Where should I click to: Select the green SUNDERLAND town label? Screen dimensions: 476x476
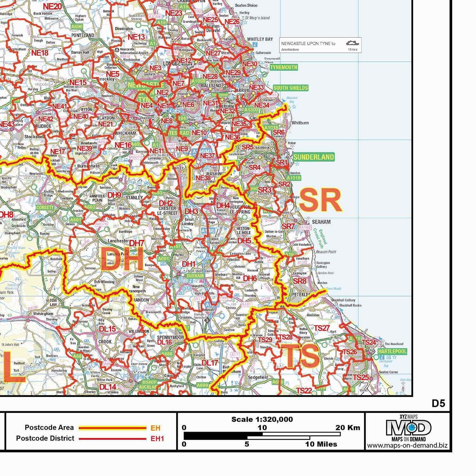coord(314,157)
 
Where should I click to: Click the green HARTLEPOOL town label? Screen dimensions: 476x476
coord(393,352)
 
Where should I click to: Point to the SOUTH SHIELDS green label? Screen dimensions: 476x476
coord(290,88)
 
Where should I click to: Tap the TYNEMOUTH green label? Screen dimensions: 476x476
coord(284,67)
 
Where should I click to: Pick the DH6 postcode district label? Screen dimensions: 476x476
coord(250,278)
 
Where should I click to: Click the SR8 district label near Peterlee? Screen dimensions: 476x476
coord(300,281)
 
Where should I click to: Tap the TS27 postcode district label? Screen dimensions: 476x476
coord(322,328)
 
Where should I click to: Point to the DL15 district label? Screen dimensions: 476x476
coord(108,329)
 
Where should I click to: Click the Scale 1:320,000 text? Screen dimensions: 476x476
coord(262,420)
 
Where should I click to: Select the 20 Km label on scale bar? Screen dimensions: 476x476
coord(348,427)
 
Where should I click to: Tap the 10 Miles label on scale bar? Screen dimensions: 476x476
coord(321,444)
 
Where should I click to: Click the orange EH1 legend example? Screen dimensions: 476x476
coord(157,439)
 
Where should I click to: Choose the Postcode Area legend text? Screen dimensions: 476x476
coord(49,427)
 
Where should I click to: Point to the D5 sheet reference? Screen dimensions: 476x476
coord(438,404)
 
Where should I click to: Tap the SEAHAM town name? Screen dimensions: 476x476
coord(321,222)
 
